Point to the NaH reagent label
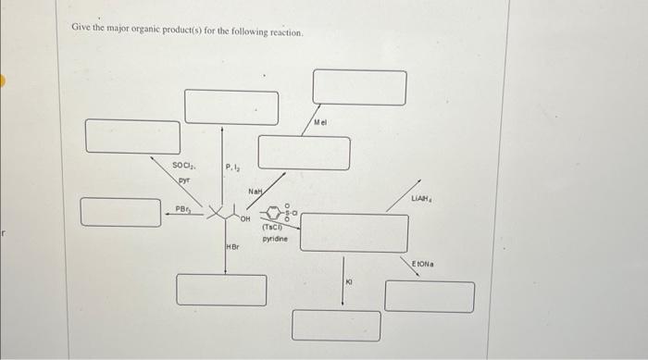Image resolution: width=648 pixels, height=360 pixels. point(256,192)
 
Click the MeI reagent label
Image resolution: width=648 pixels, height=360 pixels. point(321,123)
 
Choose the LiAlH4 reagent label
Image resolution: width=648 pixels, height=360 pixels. point(425,199)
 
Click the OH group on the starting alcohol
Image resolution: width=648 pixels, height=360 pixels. point(245,220)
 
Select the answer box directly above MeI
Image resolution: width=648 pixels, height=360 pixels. point(358,87)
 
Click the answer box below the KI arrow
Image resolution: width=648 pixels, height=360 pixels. point(336,325)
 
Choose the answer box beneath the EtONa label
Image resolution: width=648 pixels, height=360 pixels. point(430,296)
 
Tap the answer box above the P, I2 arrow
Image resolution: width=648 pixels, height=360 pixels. point(231,106)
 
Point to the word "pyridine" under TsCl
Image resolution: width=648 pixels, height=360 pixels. point(275,239)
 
